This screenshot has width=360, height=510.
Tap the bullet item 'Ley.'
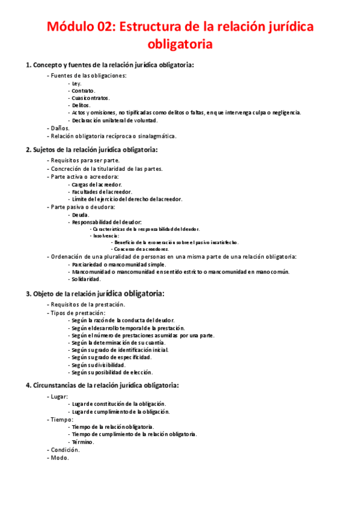(77, 83)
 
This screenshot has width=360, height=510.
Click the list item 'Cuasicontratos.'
(90, 97)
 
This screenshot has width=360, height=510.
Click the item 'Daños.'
(59, 127)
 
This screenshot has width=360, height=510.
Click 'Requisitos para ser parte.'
(85, 161)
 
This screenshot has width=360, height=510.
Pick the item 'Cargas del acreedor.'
(96, 184)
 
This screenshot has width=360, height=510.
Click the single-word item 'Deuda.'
(81, 215)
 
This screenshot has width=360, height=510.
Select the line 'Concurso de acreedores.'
(142, 248)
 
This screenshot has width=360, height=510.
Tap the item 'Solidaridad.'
(86, 279)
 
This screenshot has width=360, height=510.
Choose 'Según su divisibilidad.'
(98, 364)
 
